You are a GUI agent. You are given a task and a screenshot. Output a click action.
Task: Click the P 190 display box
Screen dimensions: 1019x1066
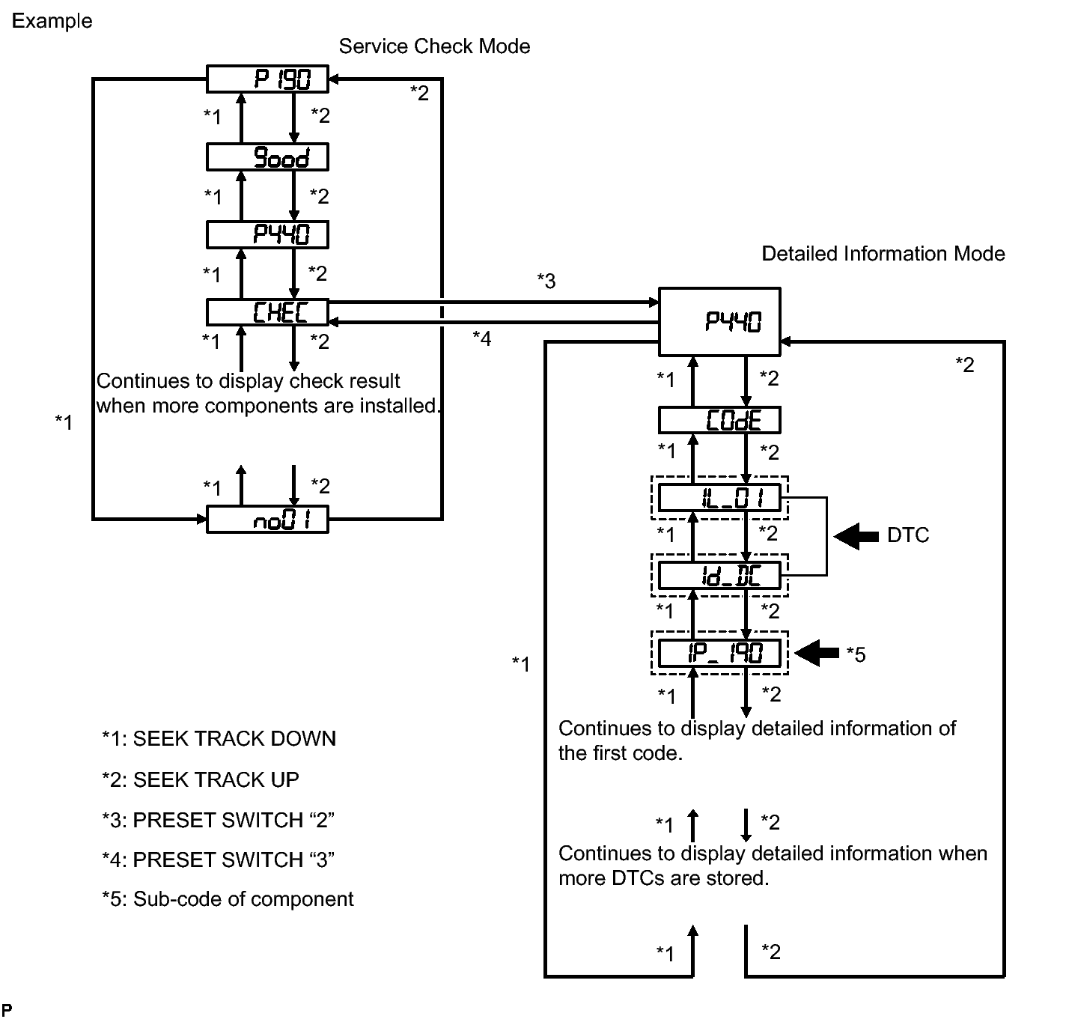(x=267, y=79)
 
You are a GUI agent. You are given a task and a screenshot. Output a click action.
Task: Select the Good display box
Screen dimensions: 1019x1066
(x=267, y=157)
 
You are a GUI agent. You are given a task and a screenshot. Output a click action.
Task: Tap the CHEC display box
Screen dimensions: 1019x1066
(x=267, y=312)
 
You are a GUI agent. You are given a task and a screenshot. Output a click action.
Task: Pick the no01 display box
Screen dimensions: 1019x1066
(x=267, y=520)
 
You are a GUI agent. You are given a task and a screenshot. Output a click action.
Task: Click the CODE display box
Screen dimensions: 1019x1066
(x=719, y=420)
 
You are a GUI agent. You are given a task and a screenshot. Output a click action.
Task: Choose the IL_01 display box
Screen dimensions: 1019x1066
(x=719, y=498)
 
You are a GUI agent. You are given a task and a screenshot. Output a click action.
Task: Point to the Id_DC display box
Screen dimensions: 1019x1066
(x=719, y=576)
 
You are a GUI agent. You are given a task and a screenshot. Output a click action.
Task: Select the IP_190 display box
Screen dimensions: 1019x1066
(x=719, y=654)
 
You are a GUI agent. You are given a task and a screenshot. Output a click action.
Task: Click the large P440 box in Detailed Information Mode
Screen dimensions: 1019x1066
(x=719, y=321)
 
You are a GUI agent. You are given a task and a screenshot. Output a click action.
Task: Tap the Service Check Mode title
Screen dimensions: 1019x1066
(x=434, y=46)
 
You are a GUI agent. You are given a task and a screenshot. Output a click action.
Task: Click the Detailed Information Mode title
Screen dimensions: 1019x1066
(x=883, y=254)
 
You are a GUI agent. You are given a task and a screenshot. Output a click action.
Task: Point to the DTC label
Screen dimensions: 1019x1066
(x=907, y=535)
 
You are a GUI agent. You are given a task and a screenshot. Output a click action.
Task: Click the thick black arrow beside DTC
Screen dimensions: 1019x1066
(x=856, y=535)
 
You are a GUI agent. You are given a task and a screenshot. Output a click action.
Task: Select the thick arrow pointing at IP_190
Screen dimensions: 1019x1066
(x=817, y=654)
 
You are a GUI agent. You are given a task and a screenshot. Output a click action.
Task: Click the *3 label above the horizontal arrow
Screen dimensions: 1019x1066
(x=546, y=281)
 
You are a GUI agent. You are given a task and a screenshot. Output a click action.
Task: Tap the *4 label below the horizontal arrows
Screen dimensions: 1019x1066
(x=482, y=338)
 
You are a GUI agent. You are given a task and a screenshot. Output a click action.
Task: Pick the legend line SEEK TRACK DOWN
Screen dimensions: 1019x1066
(x=219, y=739)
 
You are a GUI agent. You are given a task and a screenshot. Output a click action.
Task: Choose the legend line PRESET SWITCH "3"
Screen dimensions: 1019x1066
(x=218, y=860)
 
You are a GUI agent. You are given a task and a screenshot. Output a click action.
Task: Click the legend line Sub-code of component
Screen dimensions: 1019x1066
(x=228, y=899)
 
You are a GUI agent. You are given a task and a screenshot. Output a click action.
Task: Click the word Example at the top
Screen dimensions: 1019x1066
(x=52, y=21)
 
